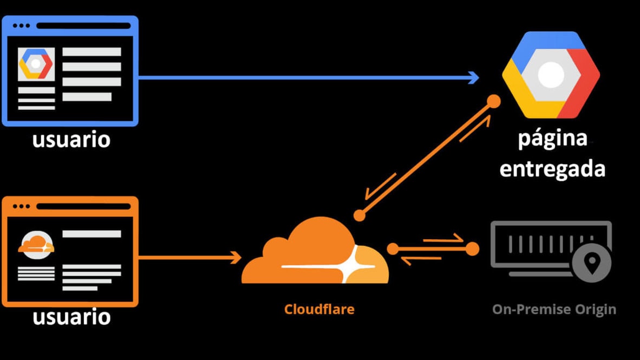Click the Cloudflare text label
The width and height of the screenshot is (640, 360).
click(x=319, y=309)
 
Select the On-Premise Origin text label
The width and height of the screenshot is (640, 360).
click(x=554, y=309)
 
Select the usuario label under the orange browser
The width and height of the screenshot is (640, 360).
click(x=71, y=316)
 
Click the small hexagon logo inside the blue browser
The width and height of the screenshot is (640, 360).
click(x=36, y=64)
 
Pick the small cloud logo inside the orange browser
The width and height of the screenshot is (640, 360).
click(x=36, y=245)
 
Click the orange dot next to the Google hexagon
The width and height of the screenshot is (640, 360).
click(x=493, y=101)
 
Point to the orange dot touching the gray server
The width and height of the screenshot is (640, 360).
click(x=472, y=249)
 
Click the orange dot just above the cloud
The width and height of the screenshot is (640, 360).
click(x=359, y=215)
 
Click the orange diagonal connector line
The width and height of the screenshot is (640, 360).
click(x=426, y=158)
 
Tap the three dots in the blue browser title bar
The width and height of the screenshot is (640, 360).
click(x=22, y=25)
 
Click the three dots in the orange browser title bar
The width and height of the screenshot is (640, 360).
click(x=22, y=206)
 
